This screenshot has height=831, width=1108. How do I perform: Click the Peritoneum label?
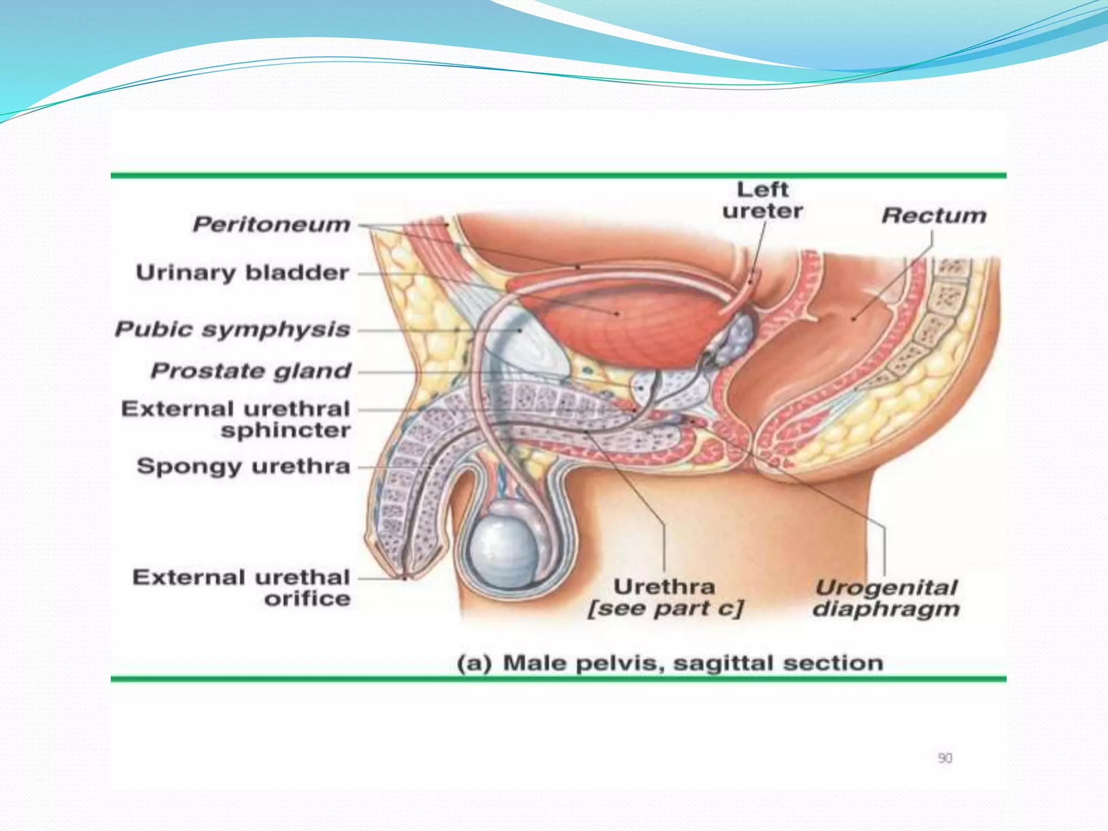272,225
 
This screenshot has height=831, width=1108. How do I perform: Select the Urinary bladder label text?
242,273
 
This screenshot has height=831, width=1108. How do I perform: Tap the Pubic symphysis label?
233,329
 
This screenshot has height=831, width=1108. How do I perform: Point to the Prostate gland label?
251,371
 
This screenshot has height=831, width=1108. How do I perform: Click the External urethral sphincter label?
236,419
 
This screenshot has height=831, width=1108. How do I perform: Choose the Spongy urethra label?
243,466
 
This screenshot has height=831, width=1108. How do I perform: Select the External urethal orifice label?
241,588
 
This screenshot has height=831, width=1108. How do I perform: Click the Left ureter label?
762,201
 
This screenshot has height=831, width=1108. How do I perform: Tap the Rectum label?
934,216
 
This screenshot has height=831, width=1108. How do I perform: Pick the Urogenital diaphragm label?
886,598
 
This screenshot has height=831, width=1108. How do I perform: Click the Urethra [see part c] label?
665,598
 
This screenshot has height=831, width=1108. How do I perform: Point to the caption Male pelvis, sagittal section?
670,663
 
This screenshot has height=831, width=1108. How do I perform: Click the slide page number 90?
945,758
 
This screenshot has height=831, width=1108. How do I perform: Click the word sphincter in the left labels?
286,431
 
